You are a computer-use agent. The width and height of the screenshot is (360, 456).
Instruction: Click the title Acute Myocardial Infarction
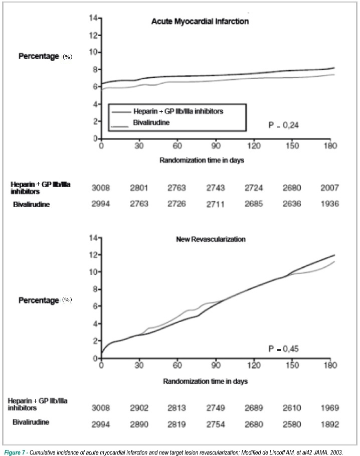click(x=200, y=22)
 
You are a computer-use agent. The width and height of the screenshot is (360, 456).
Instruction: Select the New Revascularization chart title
click(x=211, y=239)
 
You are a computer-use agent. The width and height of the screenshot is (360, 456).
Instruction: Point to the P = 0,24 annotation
click(x=283, y=125)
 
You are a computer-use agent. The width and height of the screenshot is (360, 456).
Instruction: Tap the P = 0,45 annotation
click(x=283, y=349)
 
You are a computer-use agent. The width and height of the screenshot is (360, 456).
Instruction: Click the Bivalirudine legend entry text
click(x=151, y=122)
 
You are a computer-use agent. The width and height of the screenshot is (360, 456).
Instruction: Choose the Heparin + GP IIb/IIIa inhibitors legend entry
click(x=178, y=111)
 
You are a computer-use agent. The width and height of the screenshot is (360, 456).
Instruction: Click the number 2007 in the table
click(x=329, y=188)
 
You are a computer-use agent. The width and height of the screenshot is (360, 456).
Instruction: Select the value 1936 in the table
click(x=329, y=204)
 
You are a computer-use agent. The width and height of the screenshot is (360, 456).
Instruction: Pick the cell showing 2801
click(x=139, y=188)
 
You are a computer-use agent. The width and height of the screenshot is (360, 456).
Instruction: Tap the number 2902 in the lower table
click(x=139, y=408)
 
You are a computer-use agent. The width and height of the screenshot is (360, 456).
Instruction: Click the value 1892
click(x=329, y=424)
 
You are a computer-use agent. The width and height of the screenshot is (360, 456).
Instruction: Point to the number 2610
click(x=292, y=408)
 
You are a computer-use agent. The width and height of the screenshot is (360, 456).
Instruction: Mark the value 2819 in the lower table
click(x=176, y=424)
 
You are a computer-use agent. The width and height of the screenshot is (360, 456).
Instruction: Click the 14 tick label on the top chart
click(x=94, y=18)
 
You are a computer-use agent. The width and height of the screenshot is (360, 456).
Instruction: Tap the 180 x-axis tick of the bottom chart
click(x=330, y=365)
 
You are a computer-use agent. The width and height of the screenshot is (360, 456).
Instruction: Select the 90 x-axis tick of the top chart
click(x=216, y=145)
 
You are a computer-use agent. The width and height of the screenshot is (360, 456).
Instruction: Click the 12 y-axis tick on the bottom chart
click(x=94, y=255)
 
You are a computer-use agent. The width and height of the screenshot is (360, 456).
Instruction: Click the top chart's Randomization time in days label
click(x=202, y=160)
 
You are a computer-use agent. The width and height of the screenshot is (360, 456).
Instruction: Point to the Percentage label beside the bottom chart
click(x=39, y=300)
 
